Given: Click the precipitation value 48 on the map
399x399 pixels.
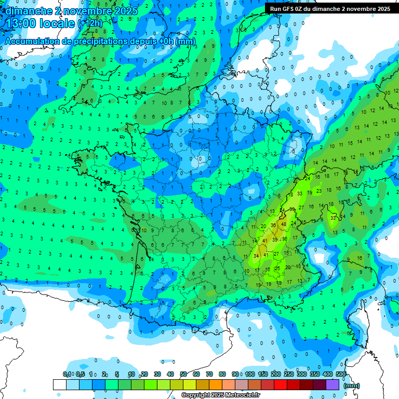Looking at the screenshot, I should click(x=283, y=224).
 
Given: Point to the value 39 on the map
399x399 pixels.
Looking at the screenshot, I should click(x=275, y=241).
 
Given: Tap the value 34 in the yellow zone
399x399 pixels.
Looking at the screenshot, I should click(x=256, y=256).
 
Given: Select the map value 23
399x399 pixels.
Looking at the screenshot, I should click(x=318, y=191).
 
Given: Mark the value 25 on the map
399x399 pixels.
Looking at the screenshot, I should click(x=277, y=269).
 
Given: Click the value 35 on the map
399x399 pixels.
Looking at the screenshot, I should click(x=292, y=209).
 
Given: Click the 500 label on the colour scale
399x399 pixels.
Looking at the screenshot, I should click(x=341, y=374).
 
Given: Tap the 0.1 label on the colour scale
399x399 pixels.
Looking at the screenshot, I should click(x=67, y=374).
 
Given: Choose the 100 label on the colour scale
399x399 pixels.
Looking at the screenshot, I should click(x=250, y=374).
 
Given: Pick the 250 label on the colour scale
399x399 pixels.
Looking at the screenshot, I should click(x=289, y=374).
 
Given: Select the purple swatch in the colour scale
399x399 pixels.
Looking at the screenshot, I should click(x=332, y=384).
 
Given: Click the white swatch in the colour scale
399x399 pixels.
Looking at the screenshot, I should click(x=59, y=384).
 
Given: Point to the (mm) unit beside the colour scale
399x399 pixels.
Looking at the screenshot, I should click(x=352, y=385).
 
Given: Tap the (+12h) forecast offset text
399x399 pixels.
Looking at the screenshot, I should click(x=90, y=23).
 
